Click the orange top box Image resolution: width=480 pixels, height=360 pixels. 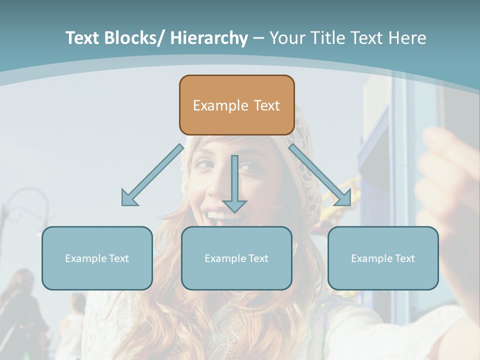coord(236,105)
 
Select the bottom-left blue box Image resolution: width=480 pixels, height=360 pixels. coord(97,258)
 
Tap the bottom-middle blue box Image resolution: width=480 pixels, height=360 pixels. coord(236,258)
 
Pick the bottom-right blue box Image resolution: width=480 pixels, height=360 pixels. coord(383,258)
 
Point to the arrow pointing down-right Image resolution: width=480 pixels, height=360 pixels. coord(320,175)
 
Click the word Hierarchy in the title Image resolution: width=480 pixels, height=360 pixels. coord(209,38)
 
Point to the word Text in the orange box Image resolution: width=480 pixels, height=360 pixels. coord(266,105)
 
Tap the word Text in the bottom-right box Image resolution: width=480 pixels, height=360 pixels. coord(404,258)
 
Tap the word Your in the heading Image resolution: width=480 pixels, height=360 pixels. coord(286,38)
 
